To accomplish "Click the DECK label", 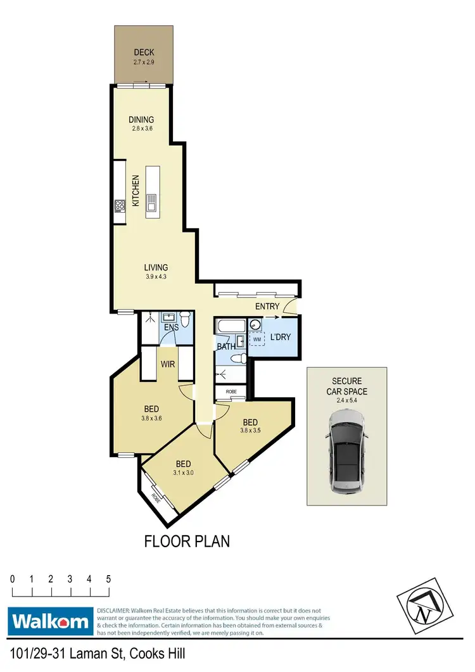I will coord(144,53).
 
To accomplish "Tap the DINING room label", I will coord(141,120).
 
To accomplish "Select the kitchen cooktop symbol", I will coord(119,205).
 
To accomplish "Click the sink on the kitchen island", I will coord(151,203).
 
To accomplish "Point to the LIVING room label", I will coord(155,268).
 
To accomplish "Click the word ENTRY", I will coord(267,307).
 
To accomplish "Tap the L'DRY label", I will coord(281,337).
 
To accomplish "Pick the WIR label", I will coord(168,365).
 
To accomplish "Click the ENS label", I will coord(171,328).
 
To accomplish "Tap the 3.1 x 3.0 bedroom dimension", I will coord(182,472).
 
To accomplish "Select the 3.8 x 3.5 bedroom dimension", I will coord(250,431).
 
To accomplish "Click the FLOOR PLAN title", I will coord(187,542).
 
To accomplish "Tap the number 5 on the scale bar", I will coord(109,579).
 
